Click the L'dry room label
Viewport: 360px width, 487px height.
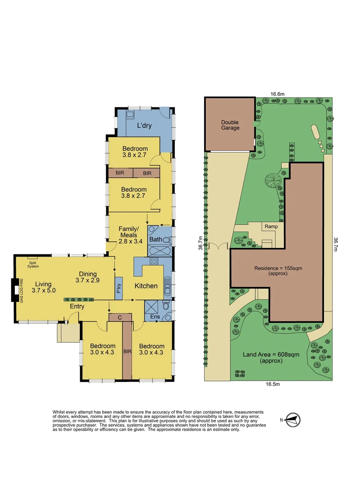click(x=144, y=126)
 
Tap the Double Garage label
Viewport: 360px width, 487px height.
click(x=230, y=125)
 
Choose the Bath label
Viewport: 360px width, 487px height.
click(x=155, y=239)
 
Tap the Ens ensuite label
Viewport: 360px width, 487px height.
click(x=155, y=317)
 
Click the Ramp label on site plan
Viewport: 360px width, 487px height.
click(x=271, y=226)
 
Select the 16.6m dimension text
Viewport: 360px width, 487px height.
click(x=277, y=94)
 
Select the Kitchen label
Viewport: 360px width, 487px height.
click(x=146, y=286)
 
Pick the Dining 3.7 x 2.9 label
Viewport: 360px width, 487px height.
click(x=88, y=277)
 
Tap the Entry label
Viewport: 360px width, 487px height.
click(x=77, y=307)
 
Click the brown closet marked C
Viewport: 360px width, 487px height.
click(x=120, y=317)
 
